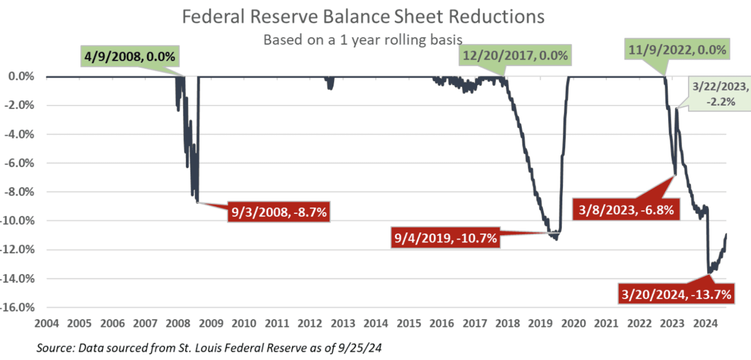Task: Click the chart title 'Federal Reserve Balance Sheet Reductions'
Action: click(363, 17)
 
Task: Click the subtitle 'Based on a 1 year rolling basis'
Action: click(363, 39)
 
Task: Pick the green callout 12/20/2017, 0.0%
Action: click(515, 56)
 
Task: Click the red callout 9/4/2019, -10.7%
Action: click(445, 238)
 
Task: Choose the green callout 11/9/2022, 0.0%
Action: click(677, 50)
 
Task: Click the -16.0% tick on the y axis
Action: click(20, 308)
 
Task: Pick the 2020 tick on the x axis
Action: click(574, 323)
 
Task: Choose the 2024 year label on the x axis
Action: click(706, 323)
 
